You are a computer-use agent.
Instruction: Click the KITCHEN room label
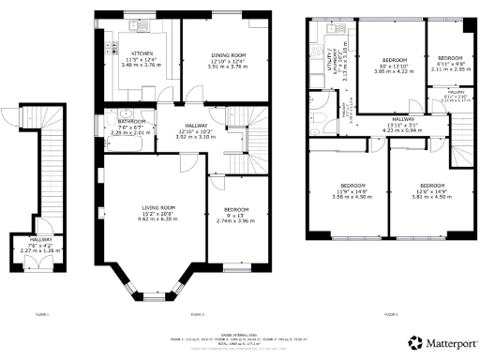pyautogui.click(x=142, y=53)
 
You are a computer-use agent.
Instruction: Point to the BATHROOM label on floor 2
pyautogui.click(x=130, y=121)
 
